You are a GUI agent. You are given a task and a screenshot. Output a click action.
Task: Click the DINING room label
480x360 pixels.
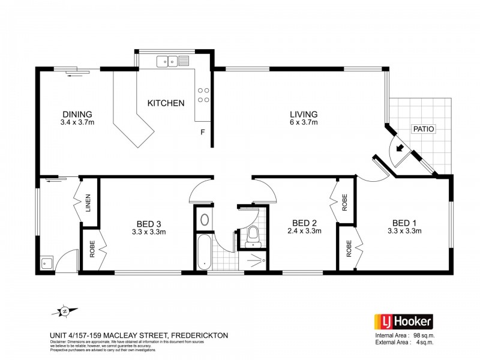pyautogui.click(x=77, y=114)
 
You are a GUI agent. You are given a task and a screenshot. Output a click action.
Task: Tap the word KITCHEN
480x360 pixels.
pyautogui.click(x=166, y=103)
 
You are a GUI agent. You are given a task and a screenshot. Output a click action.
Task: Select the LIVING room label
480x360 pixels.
pyautogui.click(x=304, y=114)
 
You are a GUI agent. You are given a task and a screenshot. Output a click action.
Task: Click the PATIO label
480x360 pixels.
pyautogui.click(x=423, y=129)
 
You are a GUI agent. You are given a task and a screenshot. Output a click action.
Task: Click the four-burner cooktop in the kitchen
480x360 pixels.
pyautogui.click(x=203, y=95)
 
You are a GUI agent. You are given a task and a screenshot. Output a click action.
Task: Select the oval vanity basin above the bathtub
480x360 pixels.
pyautogui.click(x=203, y=220)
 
